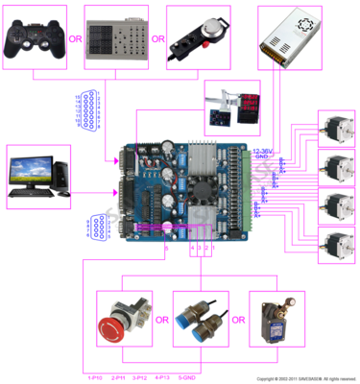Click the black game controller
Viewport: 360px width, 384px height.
point(35,36)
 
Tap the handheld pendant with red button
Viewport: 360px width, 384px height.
point(199,36)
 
